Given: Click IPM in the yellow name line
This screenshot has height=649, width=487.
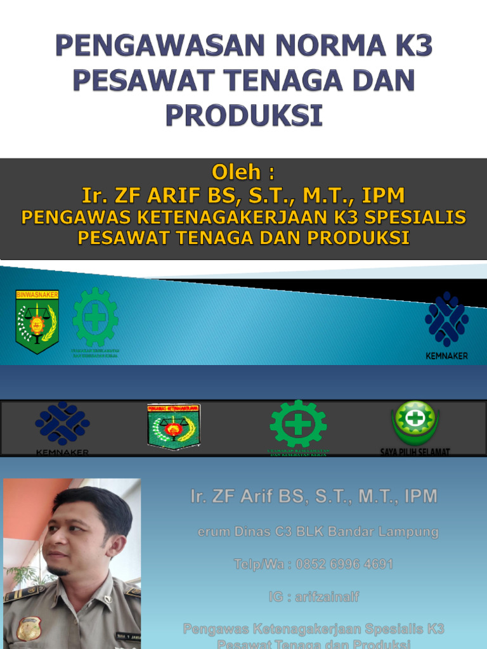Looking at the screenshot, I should tap(384, 195).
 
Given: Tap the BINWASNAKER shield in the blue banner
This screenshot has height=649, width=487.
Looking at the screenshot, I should tap(37, 321).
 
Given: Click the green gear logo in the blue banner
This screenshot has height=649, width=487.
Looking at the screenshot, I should tap(95, 318).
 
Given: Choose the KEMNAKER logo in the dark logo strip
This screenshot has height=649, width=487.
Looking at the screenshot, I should tap(62, 425).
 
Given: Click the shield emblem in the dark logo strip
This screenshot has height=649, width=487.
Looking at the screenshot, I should tap(173, 426).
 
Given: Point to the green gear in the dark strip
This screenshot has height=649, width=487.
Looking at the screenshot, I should tap(298, 424).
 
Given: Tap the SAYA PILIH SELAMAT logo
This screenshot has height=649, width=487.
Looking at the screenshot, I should tap(415, 424).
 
